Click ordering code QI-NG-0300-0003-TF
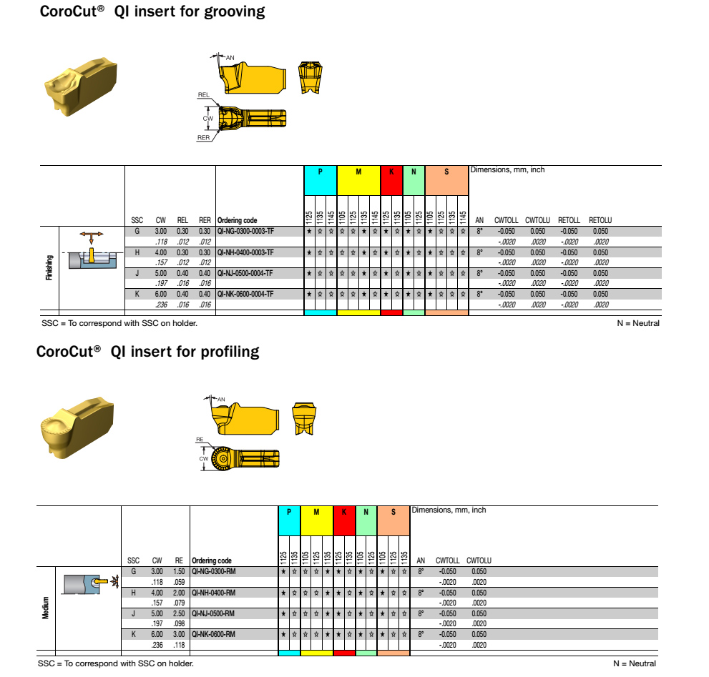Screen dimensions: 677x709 [x=245, y=232]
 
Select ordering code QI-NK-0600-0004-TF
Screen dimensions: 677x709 [x=245, y=294]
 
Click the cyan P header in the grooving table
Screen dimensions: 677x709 [x=320, y=172]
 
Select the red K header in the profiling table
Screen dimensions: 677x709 [x=344, y=512]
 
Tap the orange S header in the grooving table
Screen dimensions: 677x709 [x=446, y=172]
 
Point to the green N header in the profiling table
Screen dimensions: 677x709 [x=366, y=512]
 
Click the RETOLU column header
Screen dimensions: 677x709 [x=600, y=220]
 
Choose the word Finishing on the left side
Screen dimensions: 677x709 [x=49, y=270]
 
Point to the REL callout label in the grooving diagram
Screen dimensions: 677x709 [x=203, y=94]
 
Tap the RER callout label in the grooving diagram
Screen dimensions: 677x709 [x=204, y=137]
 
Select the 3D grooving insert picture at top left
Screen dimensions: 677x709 [x=81, y=87]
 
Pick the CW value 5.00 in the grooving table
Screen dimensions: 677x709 [x=161, y=273]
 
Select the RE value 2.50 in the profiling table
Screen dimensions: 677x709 [x=179, y=613]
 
